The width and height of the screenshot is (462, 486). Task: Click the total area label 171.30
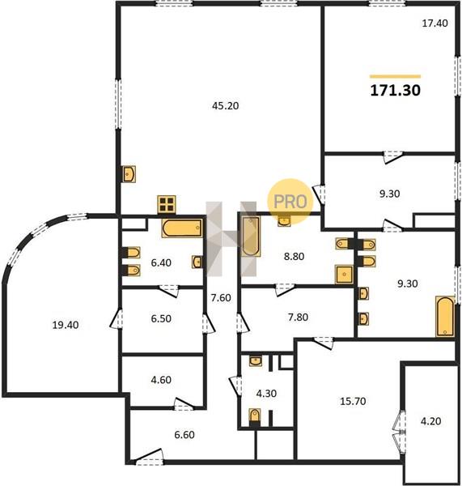point(396,90)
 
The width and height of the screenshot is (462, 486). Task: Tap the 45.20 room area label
point(226,106)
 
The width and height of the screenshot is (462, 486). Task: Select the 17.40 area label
point(435,23)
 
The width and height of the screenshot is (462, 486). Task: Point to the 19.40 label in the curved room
point(66,325)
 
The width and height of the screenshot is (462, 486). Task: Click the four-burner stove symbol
point(167,205)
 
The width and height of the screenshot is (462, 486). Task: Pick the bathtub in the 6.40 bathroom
point(182,228)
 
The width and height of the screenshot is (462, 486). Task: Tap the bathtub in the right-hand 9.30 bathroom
point(445,317)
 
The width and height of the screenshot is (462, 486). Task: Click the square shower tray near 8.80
point(344,275)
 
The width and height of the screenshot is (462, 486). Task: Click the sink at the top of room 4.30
point(256,360)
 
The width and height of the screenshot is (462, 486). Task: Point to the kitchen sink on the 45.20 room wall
point(128,174)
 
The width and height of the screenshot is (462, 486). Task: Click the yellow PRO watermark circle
point(290,202)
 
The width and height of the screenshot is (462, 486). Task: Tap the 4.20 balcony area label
point(431,421)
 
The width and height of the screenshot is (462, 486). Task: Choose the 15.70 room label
point(353,402)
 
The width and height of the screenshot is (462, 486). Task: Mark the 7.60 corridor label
point(221,298)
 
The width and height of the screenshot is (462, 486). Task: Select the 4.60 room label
point(161,380)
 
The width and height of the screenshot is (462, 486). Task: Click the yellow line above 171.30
point(396,76)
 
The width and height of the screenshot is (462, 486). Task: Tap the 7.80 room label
point(298,317)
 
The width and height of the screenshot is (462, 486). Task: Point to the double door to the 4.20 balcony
point(400,432)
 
